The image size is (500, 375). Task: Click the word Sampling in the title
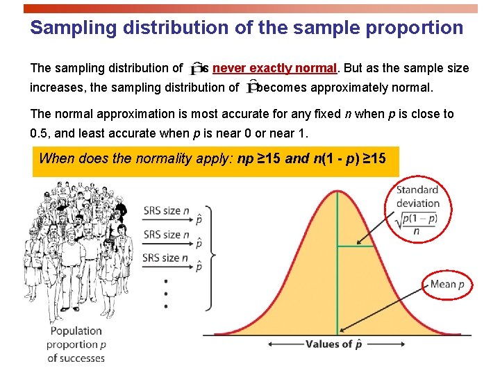click(x=62, y=28)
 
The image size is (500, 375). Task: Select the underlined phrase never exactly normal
click(x=274, y=68)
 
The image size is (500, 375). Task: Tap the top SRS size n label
click(x=167, y=210)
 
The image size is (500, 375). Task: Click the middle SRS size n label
click(x=167, y=235)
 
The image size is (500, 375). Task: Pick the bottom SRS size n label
click(x=167, y=258)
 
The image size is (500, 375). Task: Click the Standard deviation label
click(x=418, y=197)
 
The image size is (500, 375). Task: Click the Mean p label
click(x=447, y=284)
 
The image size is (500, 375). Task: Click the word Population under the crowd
click(x=76, y=331)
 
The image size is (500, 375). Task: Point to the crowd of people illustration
click(x=76, y=250)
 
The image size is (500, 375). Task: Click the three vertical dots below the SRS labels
click(x=165, y=293)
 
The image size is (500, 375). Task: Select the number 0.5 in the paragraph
click(x=41, y=132)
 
